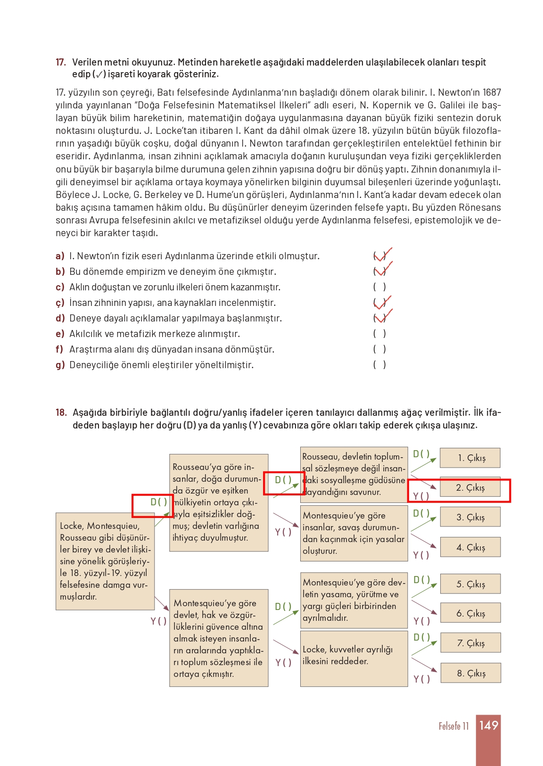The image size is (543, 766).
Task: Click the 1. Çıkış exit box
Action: [x=470, y=458]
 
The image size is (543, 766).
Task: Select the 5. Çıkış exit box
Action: [x=470, y=584]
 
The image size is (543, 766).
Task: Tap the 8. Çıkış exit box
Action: [x=470, y=673]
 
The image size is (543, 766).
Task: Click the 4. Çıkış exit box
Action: [x=470, y=547]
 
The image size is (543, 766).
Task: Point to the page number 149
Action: [x=488, y=725]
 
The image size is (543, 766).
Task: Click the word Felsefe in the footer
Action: [x=449, y=726]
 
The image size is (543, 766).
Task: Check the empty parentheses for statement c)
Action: [x=379, y=287]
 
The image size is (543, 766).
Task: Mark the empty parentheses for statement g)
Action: [x=379, y=364]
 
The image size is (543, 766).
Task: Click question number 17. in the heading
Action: [x=61, y=62]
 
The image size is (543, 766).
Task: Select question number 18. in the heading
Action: [x=61, y=412]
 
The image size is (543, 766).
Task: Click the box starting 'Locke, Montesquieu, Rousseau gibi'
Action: [x=105, y=561]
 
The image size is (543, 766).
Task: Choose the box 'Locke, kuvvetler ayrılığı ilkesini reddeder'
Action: [x=354, y=659]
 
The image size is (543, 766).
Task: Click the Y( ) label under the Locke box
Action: [x=158, y=621]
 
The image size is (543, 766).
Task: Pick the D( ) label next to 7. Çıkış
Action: [x=422, y=637]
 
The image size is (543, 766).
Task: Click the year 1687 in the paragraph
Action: [x=491, y=92]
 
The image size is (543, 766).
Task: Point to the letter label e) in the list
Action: [x=59, y=334]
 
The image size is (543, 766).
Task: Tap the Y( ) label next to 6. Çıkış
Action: [x=422, y=621]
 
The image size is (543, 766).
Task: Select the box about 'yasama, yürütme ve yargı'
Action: [x=354, y=600]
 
